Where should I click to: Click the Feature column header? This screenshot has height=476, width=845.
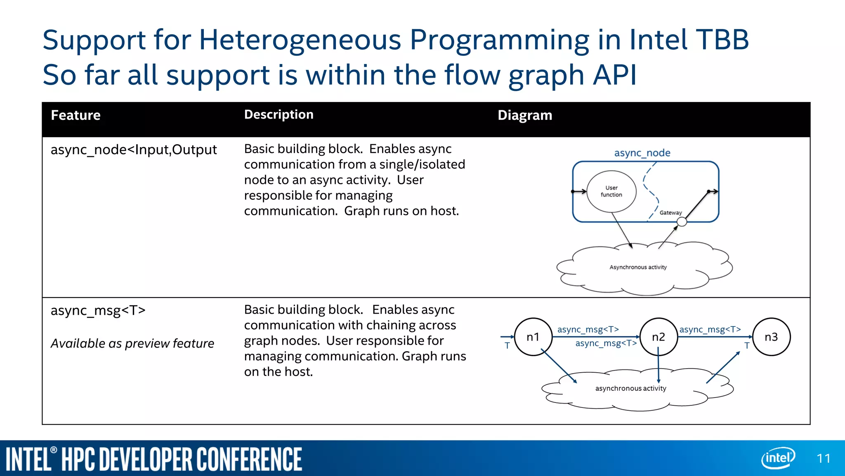coord(76,115)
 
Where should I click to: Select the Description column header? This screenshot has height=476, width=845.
coord(279,114)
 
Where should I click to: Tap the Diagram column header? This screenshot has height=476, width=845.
coord(524,115)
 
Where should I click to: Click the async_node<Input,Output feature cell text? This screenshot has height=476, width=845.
coord(133,150)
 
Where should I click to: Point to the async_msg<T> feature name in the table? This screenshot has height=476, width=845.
coord(98,310)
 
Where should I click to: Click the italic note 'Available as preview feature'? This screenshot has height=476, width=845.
coord(132,343)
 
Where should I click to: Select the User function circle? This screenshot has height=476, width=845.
coord(611,191)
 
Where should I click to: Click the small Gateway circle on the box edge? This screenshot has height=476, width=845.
coord(682,222)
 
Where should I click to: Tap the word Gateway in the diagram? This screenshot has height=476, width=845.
coord(670,213)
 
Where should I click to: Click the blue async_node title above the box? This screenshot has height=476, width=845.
coord(642,153)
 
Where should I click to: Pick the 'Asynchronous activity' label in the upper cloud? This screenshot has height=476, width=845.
coord(638,267)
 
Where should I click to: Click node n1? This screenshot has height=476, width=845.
coord(533,337)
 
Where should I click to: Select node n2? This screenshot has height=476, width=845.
coord(659,337)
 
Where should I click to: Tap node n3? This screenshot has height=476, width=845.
coord(771,337)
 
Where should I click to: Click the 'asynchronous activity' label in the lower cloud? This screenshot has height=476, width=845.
coord(630,388)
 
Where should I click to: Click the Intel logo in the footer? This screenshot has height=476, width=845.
coord(777,458)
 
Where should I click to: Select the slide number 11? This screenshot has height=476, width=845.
coord(824,459)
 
